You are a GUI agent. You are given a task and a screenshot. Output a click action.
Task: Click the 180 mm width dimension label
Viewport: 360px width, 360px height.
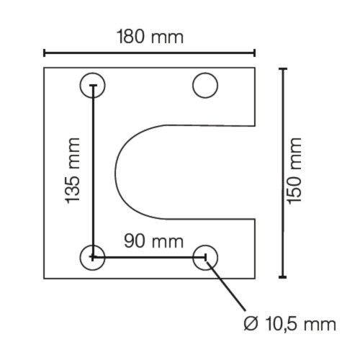[x=150, y=37]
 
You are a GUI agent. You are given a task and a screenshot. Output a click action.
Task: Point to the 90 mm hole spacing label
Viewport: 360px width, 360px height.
[x=153, y=240]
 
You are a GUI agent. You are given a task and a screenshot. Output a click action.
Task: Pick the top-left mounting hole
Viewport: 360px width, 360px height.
[x=92, y=86]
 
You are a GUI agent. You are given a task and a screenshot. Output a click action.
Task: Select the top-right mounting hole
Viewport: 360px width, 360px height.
[x=205, y=86]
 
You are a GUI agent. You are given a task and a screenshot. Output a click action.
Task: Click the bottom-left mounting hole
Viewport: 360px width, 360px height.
[x=92, y=256]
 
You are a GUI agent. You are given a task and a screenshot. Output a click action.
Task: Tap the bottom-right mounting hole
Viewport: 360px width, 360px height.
[x=205, y=256]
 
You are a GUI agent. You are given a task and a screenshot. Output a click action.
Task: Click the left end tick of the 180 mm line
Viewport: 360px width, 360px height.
[x=45, y=53]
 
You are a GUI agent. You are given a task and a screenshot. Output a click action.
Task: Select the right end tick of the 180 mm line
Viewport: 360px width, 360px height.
[x=255, y=53]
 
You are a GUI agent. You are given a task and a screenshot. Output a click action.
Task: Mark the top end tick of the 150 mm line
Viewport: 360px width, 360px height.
[x=282, y=68]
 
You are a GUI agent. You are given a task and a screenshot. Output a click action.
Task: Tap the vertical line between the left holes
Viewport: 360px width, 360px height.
[x=92, y=173]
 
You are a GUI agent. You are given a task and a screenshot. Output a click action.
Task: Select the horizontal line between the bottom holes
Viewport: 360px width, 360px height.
[x=149, y=256]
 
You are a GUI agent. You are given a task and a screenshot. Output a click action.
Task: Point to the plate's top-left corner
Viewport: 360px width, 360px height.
[x=45, y=68]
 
